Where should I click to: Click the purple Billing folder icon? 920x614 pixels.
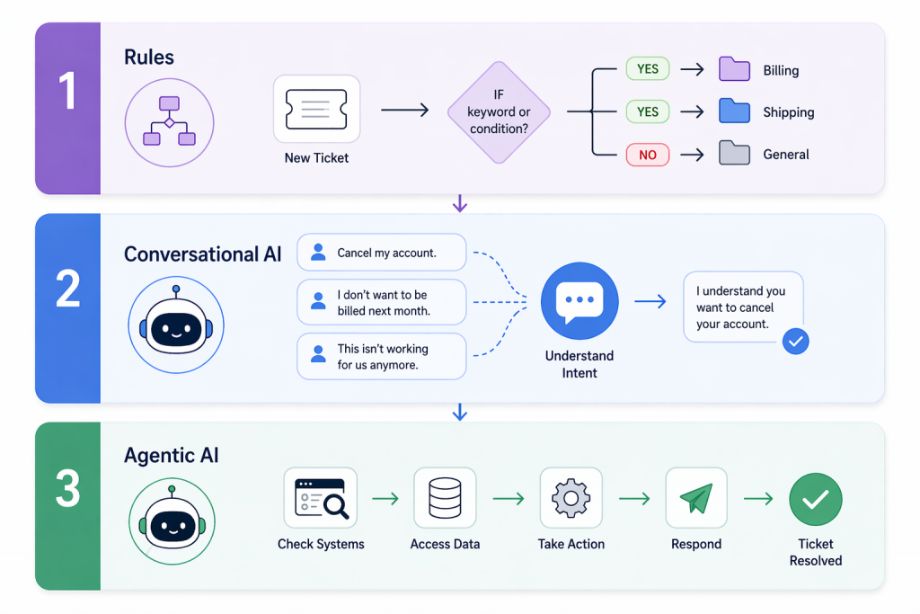pos(734,69)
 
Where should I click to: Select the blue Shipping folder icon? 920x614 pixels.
pos(734,111)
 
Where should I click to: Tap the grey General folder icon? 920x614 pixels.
pos(734,154)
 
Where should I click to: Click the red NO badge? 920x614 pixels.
pos(648,155)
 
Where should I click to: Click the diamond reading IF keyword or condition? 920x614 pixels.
pos(499,111)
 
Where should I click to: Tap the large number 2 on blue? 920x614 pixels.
pos(67,289)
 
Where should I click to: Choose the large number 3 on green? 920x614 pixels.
pos(67,490)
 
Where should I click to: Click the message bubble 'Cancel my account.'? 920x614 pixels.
pos(381,253)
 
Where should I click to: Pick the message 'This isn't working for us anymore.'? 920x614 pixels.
pos(381,356)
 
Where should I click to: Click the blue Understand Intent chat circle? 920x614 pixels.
pos(579,301)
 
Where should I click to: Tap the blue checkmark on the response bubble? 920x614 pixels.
pos(795,341)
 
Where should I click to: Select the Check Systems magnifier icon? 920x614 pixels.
pos(321,497)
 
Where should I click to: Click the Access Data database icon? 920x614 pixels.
pos(445,497)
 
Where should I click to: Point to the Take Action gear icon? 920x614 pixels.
pos(571,497)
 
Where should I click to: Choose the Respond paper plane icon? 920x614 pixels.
pos(695,497)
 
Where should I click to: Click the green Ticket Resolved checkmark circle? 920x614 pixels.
pos(815,499)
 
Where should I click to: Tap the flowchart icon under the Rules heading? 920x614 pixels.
pos(169,121)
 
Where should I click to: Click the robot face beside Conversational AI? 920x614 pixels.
pos(175,325)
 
